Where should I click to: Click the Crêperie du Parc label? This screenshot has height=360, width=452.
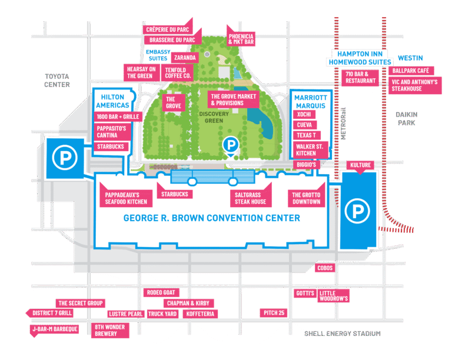click(x=168, y=29)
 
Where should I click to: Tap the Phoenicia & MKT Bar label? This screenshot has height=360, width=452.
click(x=241, y=39)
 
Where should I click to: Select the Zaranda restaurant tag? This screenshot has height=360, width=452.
click(x=185, y=58)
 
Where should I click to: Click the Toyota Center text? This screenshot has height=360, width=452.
click(x=56, y=81)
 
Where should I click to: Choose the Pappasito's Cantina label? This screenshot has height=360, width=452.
click(x=111, y=132)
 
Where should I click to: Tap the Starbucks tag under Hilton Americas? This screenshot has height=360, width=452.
click(x=111, y=146)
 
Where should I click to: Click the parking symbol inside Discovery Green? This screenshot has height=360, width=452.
click(x=231, y=145)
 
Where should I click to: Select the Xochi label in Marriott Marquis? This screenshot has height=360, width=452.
click(x=304, y=114)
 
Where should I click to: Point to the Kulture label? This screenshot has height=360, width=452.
click(x=360, y=165)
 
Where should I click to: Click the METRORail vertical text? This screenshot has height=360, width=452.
click(x=343, y=124)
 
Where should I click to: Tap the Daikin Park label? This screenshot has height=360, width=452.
click(x=407, y=119)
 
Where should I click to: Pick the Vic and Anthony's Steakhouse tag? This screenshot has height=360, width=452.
click(x=415, y=85)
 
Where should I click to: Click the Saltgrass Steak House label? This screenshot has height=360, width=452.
click(x=251, y=198)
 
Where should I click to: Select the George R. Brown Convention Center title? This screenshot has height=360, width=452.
click(x=212, y=218)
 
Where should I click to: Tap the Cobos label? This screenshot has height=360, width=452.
click(x=325, y=268)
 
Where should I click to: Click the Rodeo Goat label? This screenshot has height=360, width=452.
click(x=161, y=292)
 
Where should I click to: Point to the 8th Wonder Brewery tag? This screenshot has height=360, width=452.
click(x=110, y=331)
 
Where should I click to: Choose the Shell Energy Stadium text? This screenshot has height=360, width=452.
click(x=343, y=334)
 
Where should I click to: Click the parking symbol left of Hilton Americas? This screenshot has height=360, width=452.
click(x=65, y=158)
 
